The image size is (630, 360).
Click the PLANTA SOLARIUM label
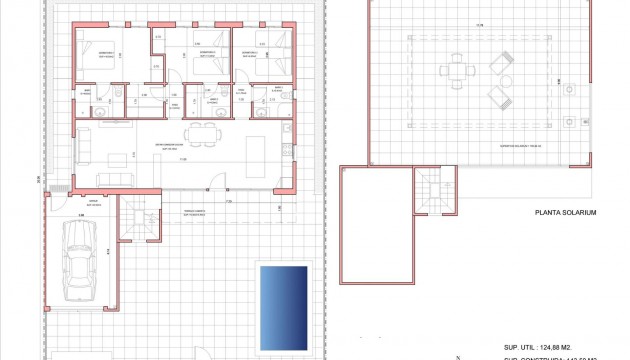565,213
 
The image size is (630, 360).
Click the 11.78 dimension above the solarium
478,26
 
